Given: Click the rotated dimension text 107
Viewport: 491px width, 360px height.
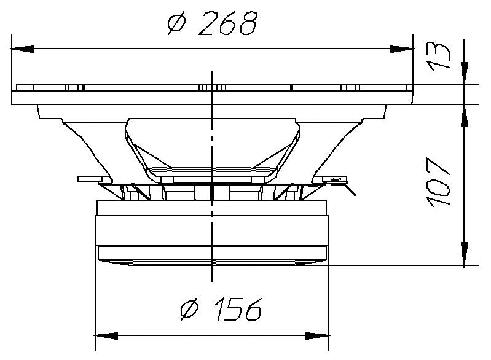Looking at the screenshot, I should [439, 182].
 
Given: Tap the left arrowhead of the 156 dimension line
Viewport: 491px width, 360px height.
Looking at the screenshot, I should [106, 335].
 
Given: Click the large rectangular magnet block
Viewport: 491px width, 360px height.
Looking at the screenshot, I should [213, 230].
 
